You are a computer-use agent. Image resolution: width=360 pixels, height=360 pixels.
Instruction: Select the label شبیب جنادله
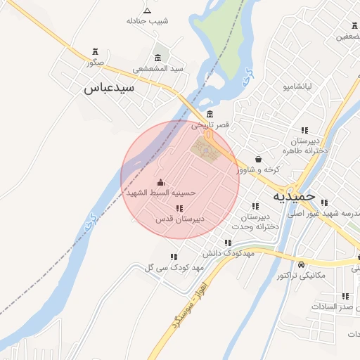(x=147, y=21)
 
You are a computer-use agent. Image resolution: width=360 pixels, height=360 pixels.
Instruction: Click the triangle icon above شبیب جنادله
(x=147, y=10)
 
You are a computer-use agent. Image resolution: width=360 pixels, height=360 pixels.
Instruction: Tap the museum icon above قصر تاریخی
(x=210, y=115)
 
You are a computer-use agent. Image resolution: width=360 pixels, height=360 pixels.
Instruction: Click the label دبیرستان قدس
(x=180, y=219)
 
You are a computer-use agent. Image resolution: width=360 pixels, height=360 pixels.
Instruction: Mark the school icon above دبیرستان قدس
(x=180, y=208)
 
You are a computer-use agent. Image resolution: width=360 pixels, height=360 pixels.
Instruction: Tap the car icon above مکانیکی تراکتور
(x=302, y=265)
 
